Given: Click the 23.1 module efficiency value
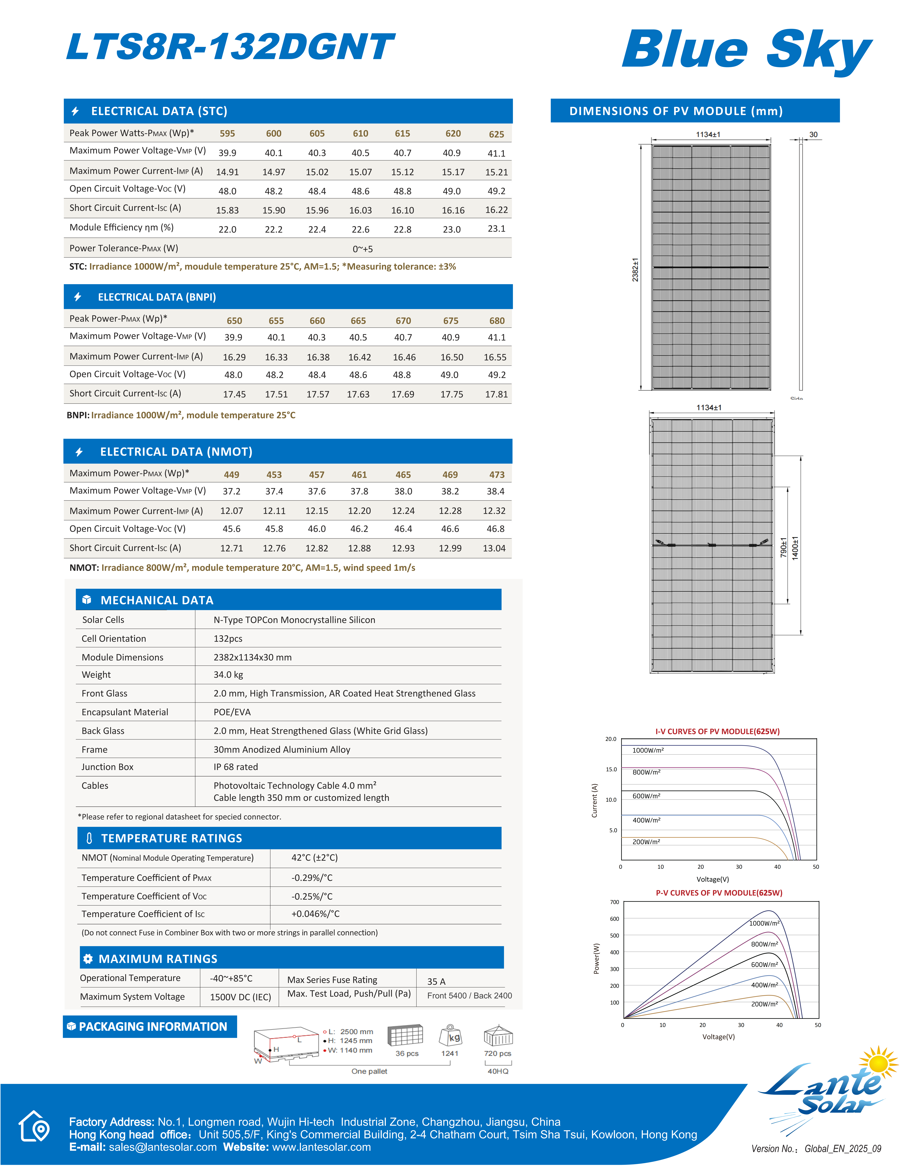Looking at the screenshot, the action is [496, 228].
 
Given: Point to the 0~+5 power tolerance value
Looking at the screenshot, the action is [363, 249].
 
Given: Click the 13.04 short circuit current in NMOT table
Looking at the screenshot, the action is [494, 548].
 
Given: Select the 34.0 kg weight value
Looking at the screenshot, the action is [228, 675].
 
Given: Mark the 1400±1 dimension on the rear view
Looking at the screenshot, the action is [795, 548].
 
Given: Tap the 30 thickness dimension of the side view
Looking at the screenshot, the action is [814, 135].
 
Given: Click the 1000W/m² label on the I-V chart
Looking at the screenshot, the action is [648, 750].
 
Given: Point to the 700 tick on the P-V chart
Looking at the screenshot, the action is [615, 902].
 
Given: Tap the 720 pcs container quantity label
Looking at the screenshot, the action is [498, 1053].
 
